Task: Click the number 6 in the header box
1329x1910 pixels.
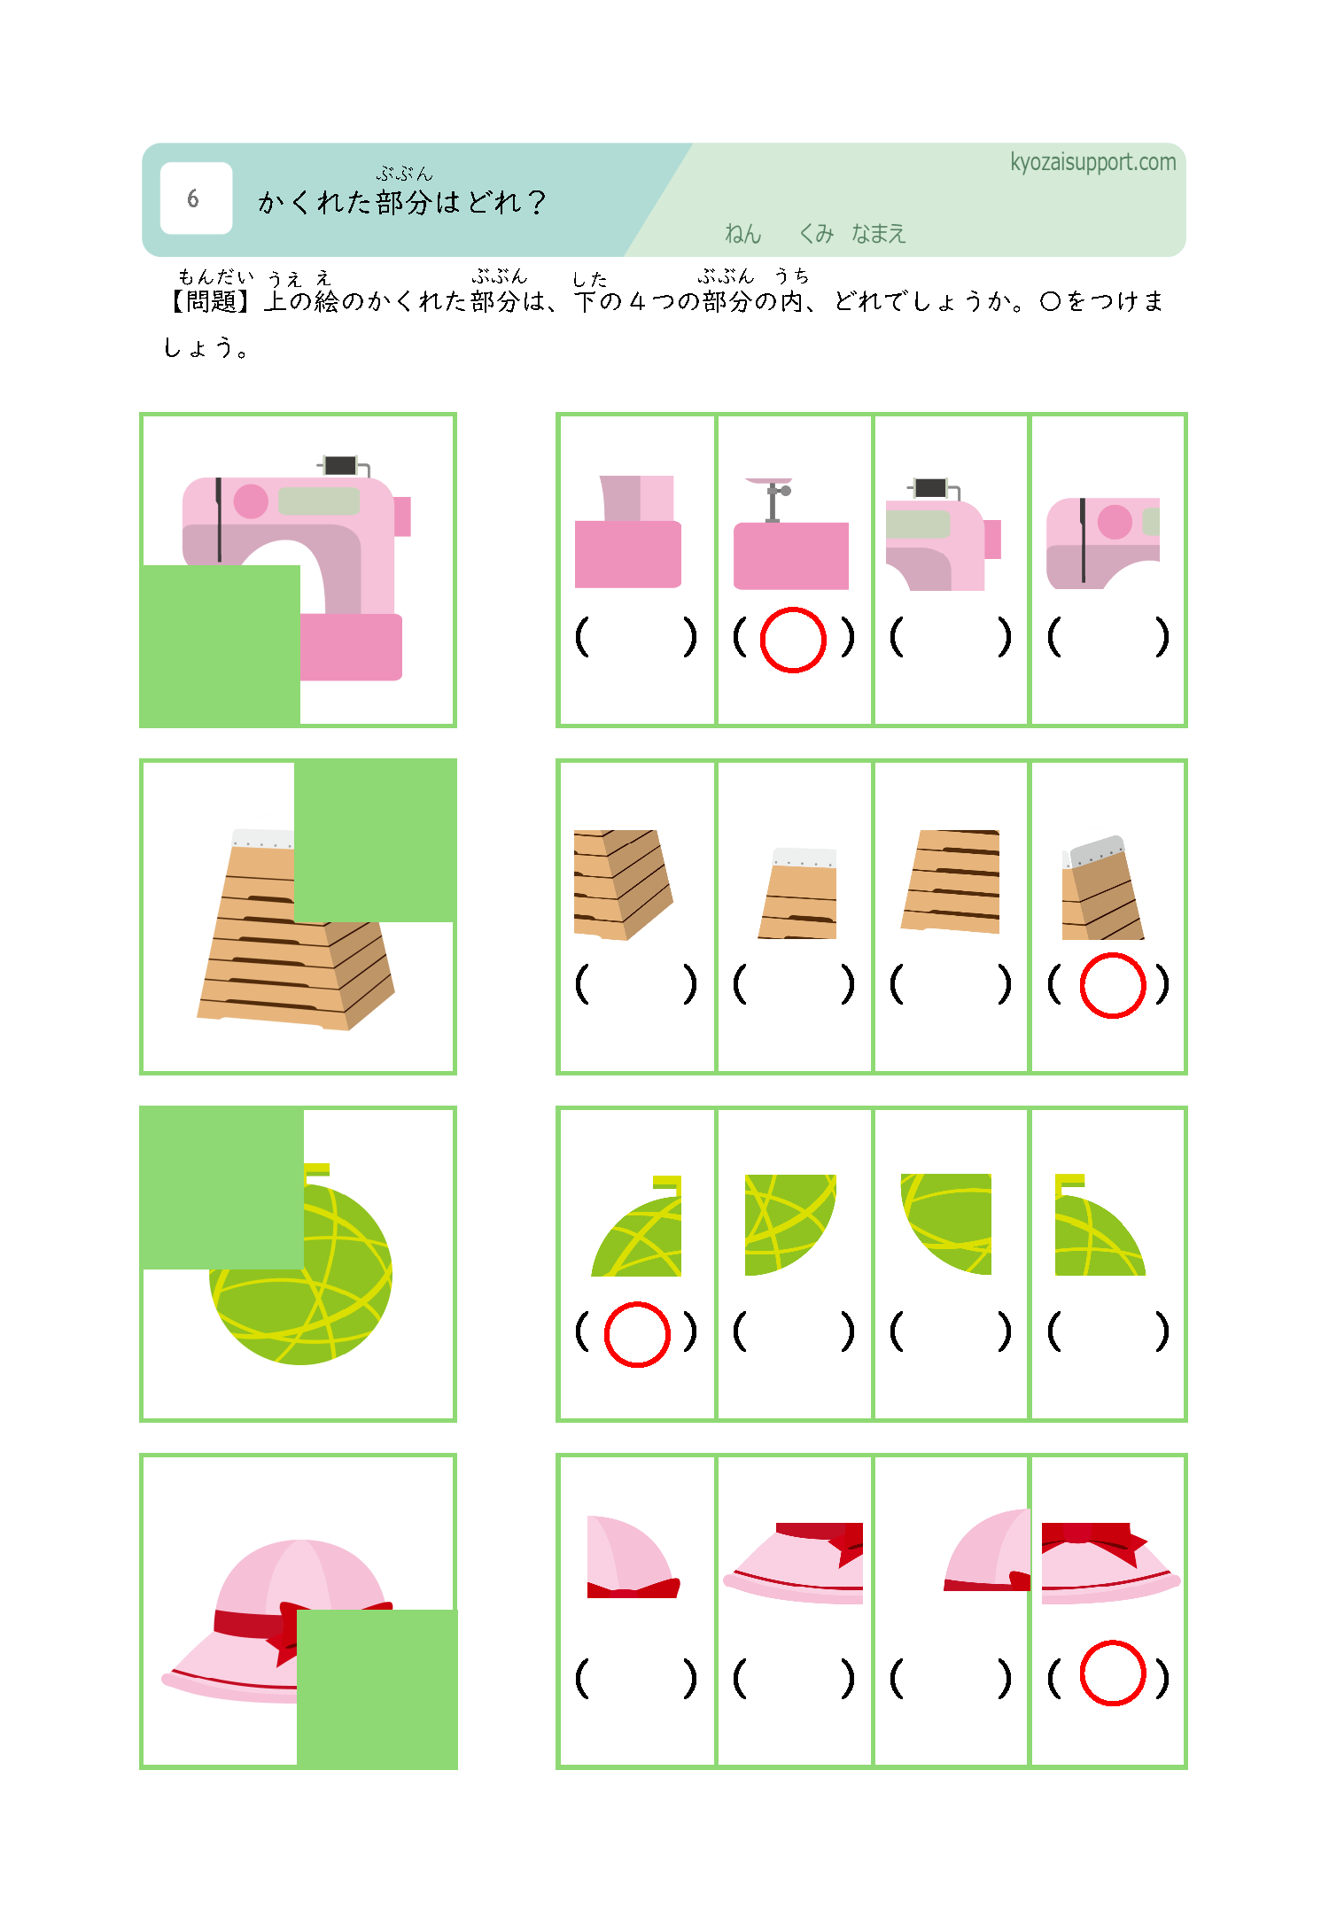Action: point(193,198)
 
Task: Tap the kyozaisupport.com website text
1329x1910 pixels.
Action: point(1092,162)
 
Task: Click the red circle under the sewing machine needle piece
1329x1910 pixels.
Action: point(793,640)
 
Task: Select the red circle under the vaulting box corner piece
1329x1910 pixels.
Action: point(1113,985)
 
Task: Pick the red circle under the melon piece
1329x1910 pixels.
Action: point(637,1334)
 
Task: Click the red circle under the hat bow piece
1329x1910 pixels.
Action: point(1113,1673)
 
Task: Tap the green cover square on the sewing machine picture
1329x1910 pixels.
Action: point(220,646)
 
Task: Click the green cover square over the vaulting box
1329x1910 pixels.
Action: point(375,840)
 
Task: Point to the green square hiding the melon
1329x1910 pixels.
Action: point(221,1187)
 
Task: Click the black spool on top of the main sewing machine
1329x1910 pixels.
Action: point(340,465)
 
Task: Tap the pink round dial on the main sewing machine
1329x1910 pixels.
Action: point(251,501)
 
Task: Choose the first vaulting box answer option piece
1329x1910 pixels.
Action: point(623,884)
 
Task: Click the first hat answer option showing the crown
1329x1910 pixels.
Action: point(633,1557)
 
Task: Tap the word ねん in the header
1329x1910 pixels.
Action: point(742,234)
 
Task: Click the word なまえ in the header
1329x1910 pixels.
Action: point(878,234)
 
